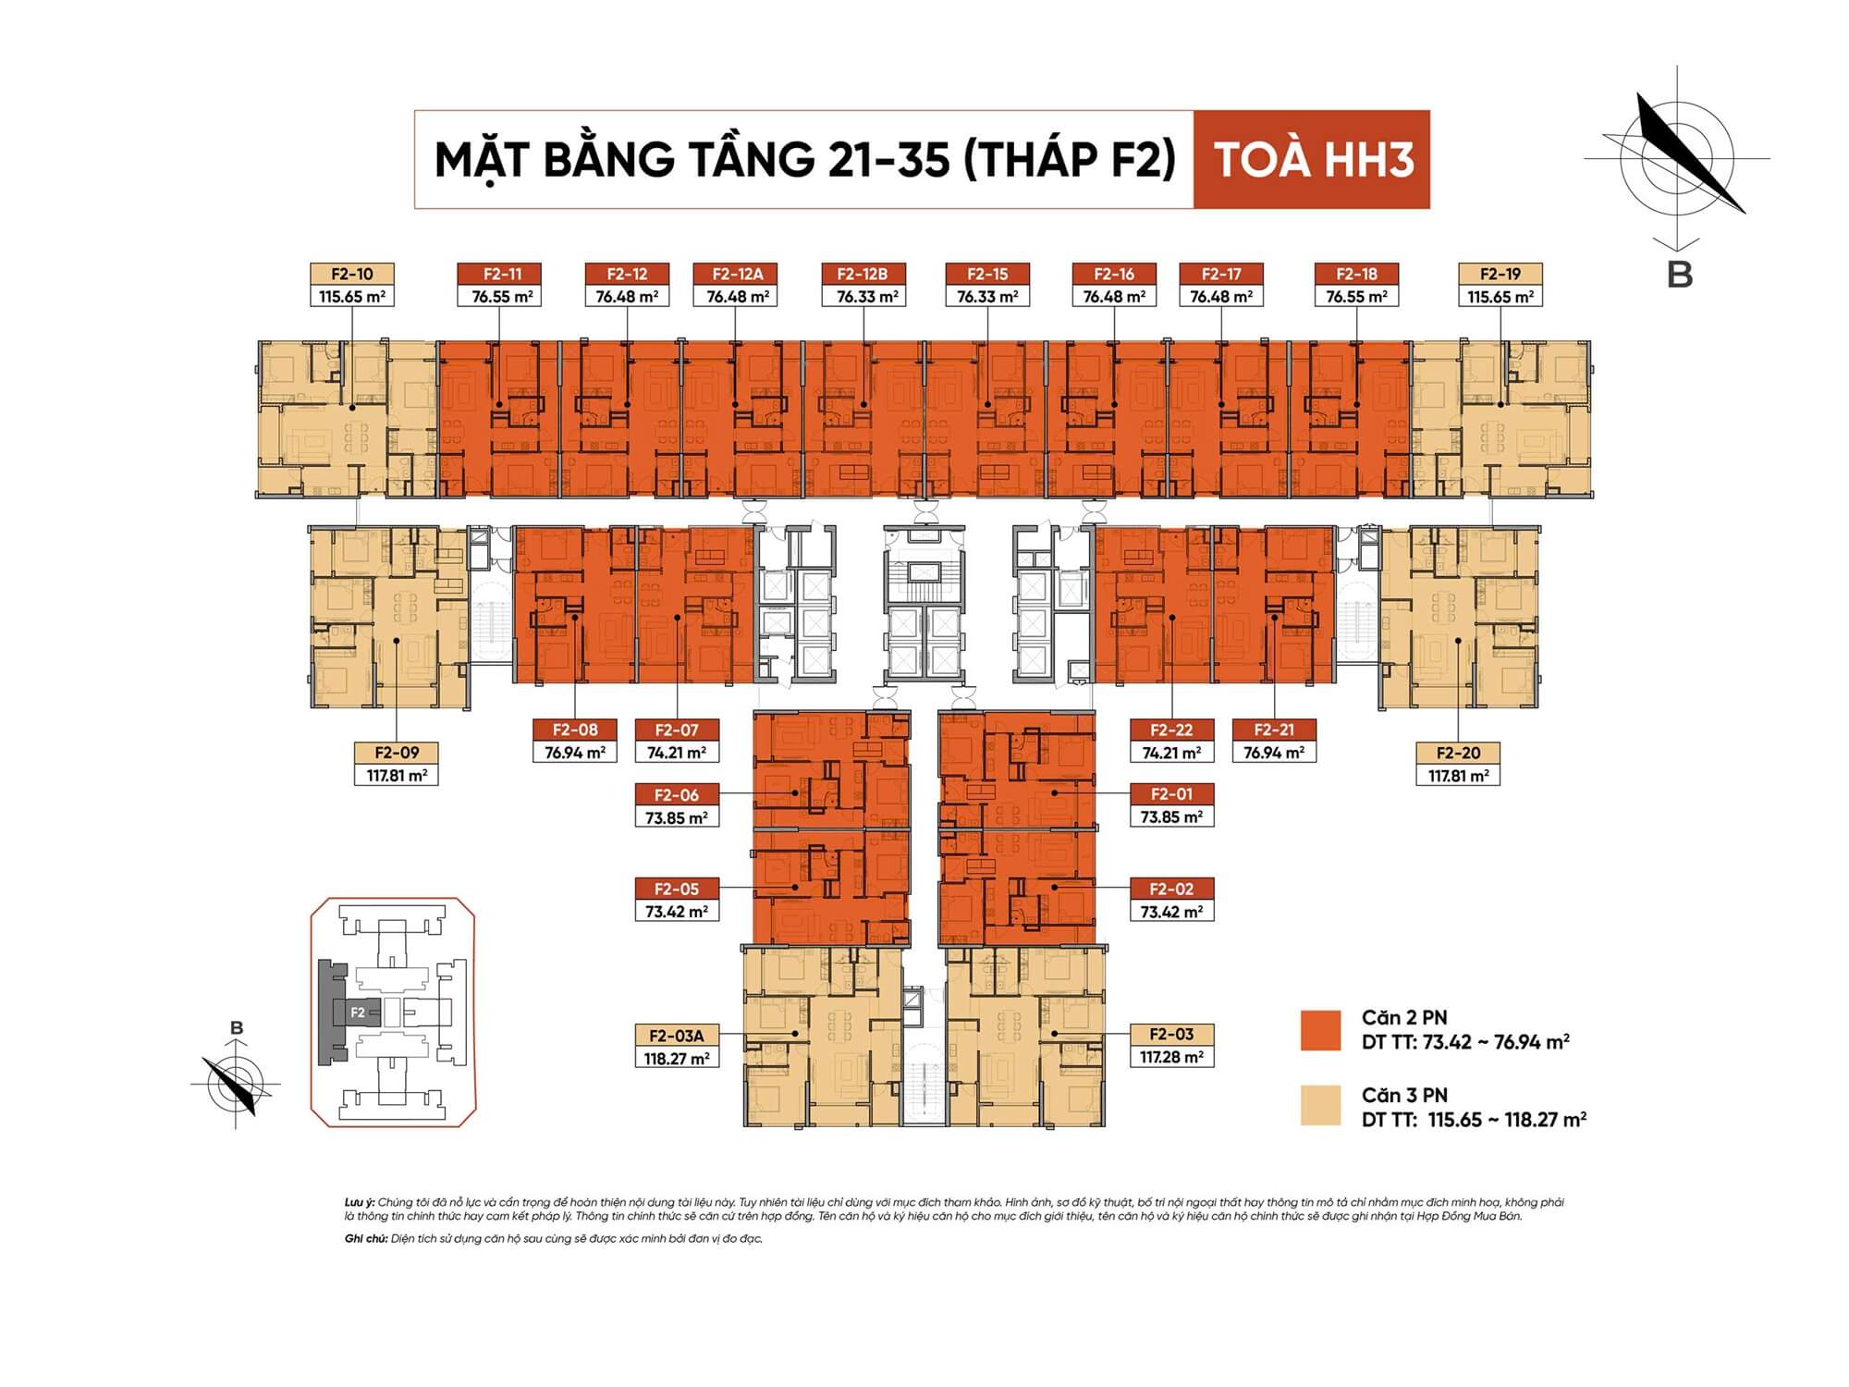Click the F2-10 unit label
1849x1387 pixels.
[x=351, y=274]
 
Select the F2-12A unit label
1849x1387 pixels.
[x=736, y=274]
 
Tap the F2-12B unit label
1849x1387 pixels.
[x=863, y=274]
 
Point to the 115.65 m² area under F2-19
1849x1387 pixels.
[x=1500, y=297]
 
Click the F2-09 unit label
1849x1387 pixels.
[x=397, y=753]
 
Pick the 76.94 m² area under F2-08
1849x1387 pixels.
[x=575, y=753]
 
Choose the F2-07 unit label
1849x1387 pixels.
[x=677, y=730]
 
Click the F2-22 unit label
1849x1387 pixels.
[x=1171, y=730]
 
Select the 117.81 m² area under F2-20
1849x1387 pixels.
[x=1458, y=776]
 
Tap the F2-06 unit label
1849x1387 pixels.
[x=677, y=794]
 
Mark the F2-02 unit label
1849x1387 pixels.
[x=1171, y=889]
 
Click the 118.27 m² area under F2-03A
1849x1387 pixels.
[x=677, y=1059]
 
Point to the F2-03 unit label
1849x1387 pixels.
[x=1171, y=1034]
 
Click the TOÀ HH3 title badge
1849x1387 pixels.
[x=1312, y=159]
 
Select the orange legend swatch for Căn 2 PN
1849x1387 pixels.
[x=1320, y=1030]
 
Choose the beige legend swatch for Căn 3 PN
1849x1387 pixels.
[x=1320, y=1106]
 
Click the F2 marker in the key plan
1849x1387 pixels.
[x=358, y=1013]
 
